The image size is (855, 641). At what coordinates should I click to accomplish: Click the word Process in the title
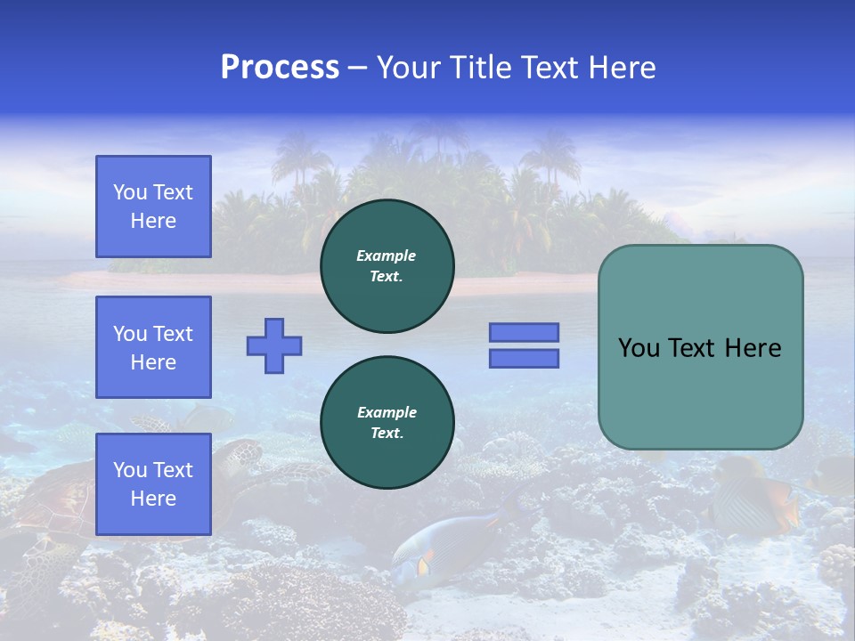pyautogui.click(x=280, y=68)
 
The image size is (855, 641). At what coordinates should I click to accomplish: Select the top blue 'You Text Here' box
pyautogui.click(x=153, y=207)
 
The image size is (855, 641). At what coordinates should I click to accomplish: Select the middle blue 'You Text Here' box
pyautogui.click(x=153, y=347)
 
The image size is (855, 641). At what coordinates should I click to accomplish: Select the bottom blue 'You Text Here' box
pyautogui.click(x=153, y=484)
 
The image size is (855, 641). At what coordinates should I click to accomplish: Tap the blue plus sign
pyautogui.click(x=274, y=345)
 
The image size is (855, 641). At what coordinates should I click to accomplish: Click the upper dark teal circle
pyautogui.click(x=387, y=266)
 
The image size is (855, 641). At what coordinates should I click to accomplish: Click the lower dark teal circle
pyautogui.click(x=387, y=423)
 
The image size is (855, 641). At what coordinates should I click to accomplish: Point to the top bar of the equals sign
pyautogui.click(x=524, y=332)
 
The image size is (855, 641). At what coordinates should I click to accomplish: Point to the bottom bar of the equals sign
pyautogui.click(x=524, y=358)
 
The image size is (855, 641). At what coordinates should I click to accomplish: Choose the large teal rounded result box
pyautogui.click(x=700, y=347)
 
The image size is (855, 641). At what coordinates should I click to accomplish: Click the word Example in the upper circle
pyautogui.click(x=386, y=256)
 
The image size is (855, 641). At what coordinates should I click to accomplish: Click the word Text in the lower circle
pyautogui.click(x=386, y=434)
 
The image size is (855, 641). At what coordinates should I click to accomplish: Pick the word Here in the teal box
pyautogui.click(x=753, y=348)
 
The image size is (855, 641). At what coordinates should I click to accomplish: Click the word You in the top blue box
pyautogui.click(x=130, y=192)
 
